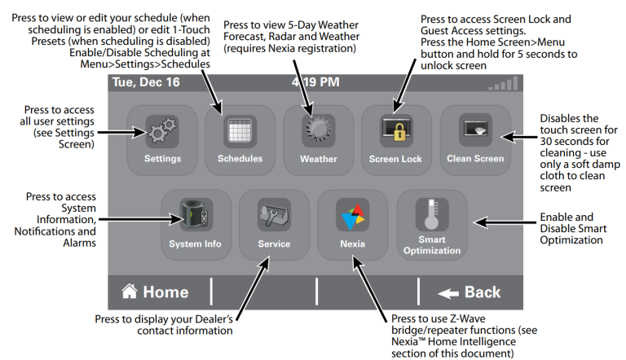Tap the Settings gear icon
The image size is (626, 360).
161,131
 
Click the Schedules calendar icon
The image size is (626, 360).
240,131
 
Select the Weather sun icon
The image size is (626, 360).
318,131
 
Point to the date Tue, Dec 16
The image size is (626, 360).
143,83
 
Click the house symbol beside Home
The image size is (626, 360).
128,291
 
